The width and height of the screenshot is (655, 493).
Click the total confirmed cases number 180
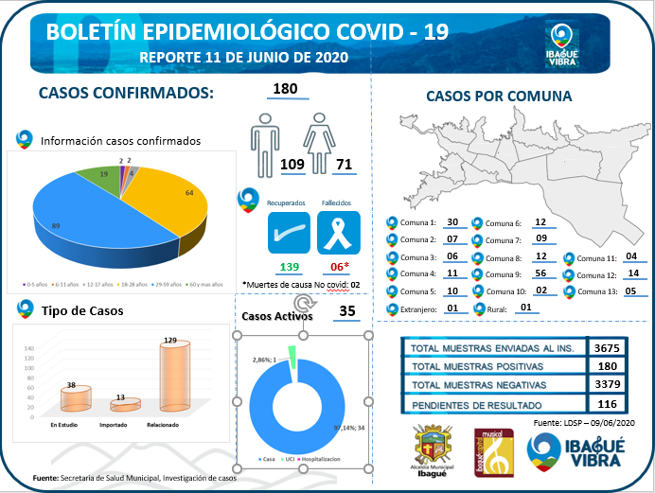(284, 90)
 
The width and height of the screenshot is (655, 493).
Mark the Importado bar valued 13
(120, 405)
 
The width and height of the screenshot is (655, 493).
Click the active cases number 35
(346, 310)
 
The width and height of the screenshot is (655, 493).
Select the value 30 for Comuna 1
(451, 222)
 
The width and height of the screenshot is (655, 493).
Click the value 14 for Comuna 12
(633, 273)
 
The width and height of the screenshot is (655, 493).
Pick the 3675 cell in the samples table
(606, 348)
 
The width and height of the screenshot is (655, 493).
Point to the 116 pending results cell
(606, 405)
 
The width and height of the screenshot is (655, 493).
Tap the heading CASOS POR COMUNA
(498, 97)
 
